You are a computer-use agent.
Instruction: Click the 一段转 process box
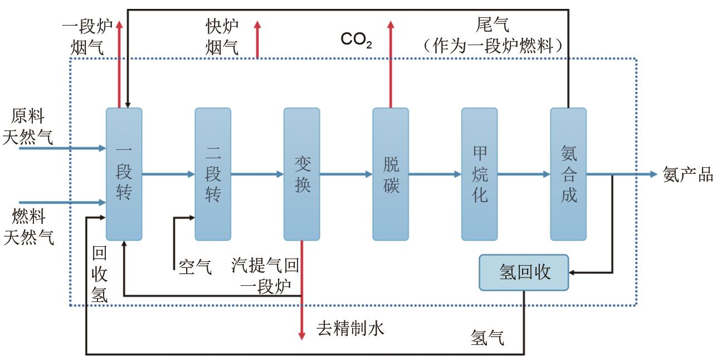coord(124,174)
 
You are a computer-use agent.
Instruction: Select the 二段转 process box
coord(213,174)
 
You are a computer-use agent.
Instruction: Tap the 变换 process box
coord(301,174)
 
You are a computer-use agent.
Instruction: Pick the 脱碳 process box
coord(391,174)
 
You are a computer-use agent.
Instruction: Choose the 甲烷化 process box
coord(479,174)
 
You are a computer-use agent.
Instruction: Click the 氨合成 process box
coord(568,174)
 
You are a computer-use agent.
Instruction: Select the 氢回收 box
coord(524,273)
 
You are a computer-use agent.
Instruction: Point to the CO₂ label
coord(357,40)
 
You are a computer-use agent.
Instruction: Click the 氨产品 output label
coord(688,174)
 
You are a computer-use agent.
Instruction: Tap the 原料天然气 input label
coord(28,127)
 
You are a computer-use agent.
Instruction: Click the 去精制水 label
coord(350,329)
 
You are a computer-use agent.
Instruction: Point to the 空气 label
coord(195,267)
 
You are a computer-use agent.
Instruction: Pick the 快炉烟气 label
coord(222,37)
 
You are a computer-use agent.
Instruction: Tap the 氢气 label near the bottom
coord(487,338)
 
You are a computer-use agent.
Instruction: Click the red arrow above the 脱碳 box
coord(391,64)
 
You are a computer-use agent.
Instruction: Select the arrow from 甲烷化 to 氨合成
coord(524,174)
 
